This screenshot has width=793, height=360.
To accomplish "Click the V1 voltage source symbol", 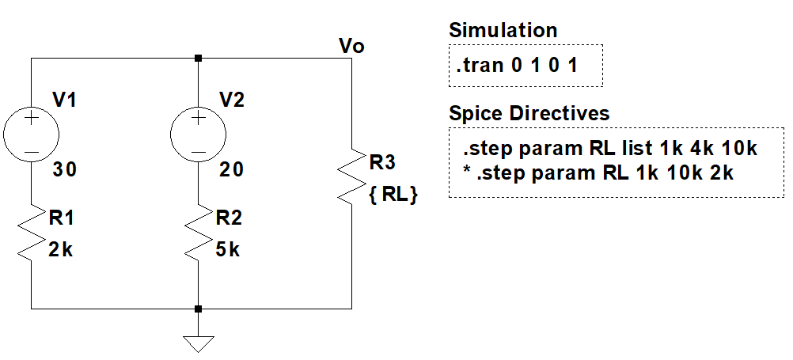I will [x=31, y=133].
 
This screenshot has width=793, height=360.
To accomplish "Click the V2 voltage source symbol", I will [x=198, y=133].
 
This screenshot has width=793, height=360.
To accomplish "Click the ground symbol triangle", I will [x=198, y=343].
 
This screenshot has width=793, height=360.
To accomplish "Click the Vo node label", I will [x=351, y=46].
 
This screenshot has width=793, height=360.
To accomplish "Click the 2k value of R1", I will [x=60, y=252].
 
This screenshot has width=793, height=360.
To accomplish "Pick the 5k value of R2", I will [x=227, y=252].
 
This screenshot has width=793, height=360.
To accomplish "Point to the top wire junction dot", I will [x=198, y=58].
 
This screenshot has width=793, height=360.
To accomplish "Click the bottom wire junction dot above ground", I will [x=198, y=309].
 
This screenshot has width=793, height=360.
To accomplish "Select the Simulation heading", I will [x=503, y=31].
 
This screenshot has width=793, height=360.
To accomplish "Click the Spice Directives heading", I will [x=529, y=113].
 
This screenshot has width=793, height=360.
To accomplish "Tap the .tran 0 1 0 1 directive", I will [x=516, y=66].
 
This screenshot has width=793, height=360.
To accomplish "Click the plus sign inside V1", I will [x=31, y=119].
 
